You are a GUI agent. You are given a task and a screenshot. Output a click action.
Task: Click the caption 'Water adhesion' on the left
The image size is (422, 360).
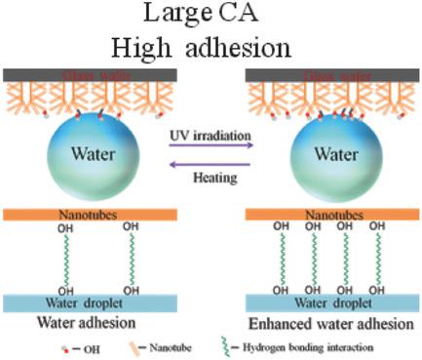point(79,322)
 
